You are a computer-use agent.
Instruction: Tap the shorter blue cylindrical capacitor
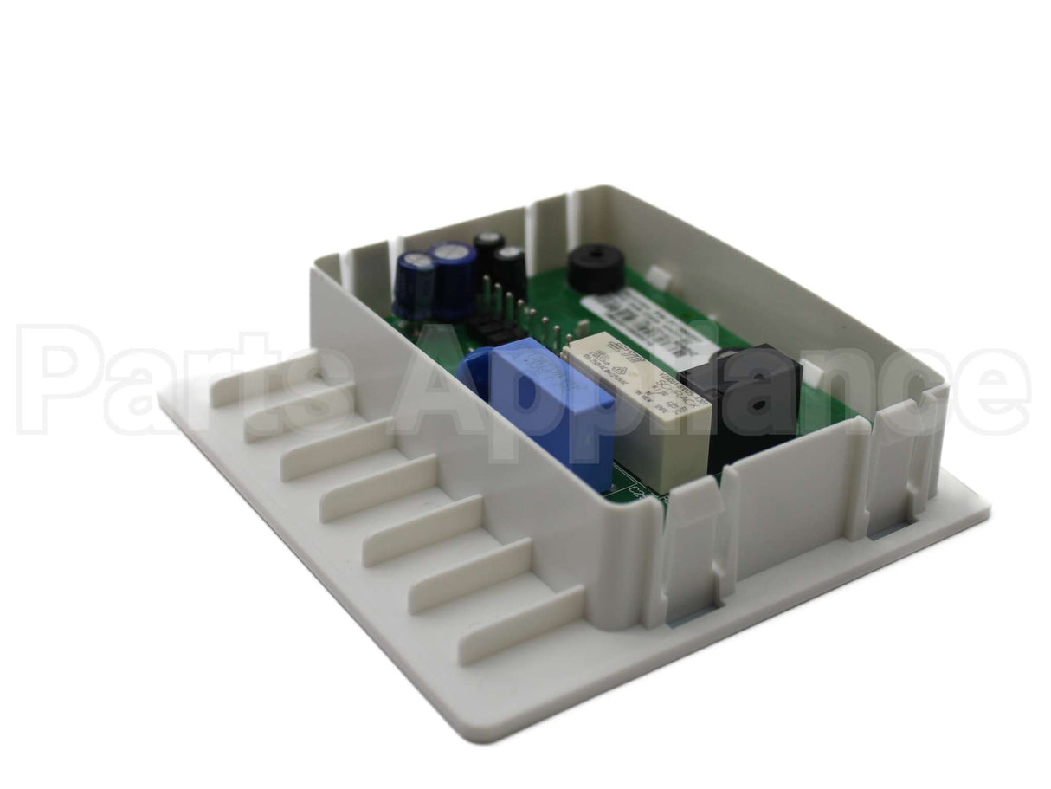(415, 286)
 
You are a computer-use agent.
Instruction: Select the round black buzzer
(596, 268)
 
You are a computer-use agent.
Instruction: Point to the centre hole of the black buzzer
(596, 257)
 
